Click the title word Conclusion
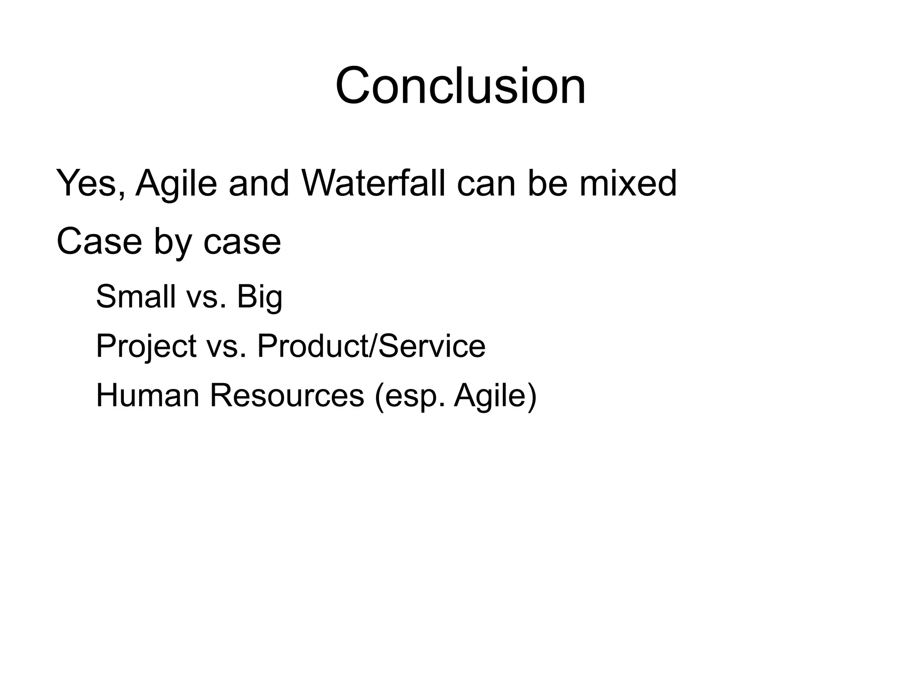click(x=461, y=86)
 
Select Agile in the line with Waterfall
click(x=176, y=184)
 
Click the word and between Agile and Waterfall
click(x=258, y=184)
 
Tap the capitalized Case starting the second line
click(x=99, y=242)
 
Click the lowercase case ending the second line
click(x=242, y=242)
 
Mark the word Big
click(x=259, y=298)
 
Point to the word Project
click(x=146, y=347)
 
